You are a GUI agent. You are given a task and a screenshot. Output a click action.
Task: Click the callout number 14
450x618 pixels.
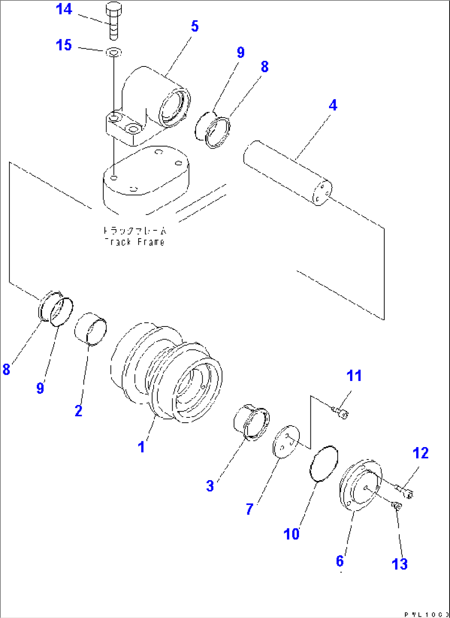(64, 9)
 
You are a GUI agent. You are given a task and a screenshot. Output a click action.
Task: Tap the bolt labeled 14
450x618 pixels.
(114, 21)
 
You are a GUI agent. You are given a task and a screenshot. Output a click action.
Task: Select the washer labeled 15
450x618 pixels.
(113, 52)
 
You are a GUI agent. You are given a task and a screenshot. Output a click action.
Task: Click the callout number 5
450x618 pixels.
(195, 26)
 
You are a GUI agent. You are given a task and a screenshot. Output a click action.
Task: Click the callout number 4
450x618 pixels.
(333, 105)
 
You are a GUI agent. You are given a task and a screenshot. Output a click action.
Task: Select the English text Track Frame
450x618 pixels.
(135, 242)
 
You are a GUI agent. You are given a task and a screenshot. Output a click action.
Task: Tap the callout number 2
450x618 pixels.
(78, 410)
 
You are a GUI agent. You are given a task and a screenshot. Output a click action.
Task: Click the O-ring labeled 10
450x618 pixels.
(324, 463)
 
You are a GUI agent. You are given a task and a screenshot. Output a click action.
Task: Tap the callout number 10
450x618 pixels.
(291, 534)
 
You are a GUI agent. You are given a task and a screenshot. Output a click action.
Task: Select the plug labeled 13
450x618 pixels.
(396, 506)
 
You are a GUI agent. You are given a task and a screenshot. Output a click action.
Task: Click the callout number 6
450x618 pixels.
(340, 561)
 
